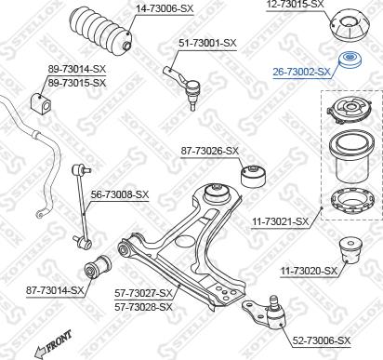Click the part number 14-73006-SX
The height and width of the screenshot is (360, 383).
tap(165, 8)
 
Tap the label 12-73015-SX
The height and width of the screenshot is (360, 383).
tap(295, 5)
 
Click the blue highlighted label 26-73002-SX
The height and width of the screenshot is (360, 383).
tap(301, 72)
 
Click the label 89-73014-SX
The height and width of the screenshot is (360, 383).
tap(76, 69)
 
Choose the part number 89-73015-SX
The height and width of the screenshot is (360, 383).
tap(76, 83)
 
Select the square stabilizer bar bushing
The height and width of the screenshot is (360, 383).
tap(42, 101)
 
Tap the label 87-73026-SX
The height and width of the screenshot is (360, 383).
tap(210, 151)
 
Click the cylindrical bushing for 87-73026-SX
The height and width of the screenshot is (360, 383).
tap(253, 176)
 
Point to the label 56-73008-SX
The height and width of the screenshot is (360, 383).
tap(120, 194)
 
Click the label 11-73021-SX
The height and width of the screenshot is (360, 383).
tap(281, 221)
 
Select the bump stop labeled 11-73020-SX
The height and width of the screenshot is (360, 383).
tap(351, 250)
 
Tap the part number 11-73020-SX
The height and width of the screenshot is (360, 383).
tap(309, 271)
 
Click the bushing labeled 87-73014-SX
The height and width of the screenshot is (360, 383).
tap(98, 267)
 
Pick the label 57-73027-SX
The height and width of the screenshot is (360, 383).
tap(143, 293)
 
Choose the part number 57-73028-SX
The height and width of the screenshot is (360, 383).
tap(143, 307)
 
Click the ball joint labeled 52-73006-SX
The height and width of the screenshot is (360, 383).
tap(266, 313)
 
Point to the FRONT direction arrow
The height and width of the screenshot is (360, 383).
tap(53, 343)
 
